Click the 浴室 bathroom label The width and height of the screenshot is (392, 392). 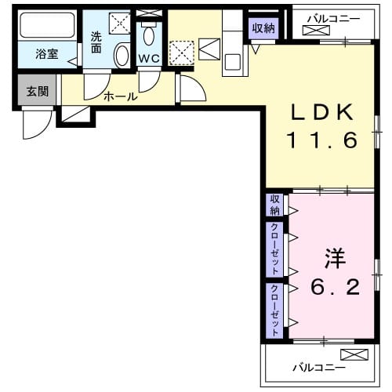click(47, 55)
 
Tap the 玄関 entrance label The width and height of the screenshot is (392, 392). click(37, 92)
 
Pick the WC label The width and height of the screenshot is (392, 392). click(149, 59)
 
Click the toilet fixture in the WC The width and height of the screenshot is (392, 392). click(149, 34)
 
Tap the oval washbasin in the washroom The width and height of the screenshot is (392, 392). click(122, 56)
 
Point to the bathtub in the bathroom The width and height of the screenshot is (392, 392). click(46, 27)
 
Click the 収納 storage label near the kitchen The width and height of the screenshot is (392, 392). click(263, 28)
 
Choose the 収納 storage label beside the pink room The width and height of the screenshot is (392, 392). click(274, 205)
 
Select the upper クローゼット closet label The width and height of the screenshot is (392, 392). click(274, 249)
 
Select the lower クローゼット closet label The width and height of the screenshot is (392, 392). click(274, 310)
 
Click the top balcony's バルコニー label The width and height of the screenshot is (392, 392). click(333, 17)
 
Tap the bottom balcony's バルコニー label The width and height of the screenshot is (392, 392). click(314, 367)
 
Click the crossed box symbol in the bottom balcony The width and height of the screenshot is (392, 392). click(354, 354)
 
